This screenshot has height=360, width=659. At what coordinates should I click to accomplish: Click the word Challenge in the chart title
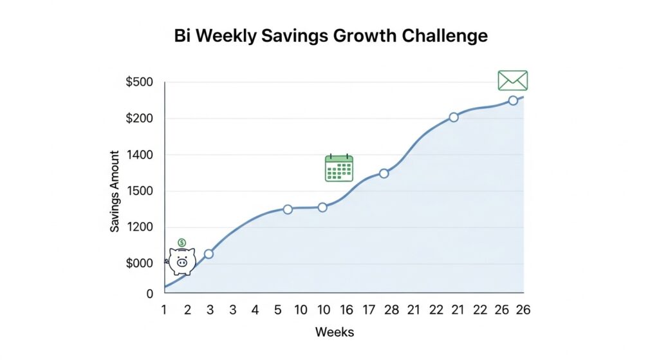[445, 36]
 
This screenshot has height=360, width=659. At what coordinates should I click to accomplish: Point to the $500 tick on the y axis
[140, 82]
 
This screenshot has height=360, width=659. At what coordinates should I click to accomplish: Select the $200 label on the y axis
[140, 118]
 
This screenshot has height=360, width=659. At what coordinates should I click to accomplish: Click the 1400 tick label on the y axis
[141, 155]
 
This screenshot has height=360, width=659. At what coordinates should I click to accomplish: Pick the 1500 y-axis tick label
[141, 191]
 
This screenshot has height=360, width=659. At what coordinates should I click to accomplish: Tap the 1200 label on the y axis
[141, 227]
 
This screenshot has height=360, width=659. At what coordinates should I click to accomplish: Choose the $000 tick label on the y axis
[140, 263]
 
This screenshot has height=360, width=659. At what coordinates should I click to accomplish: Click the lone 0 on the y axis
[150, 294]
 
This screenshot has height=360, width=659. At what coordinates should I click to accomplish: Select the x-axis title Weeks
[334, 332]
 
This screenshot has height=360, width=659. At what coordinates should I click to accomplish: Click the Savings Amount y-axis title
[115, 191]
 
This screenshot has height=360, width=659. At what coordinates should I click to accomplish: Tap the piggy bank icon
[181, 261]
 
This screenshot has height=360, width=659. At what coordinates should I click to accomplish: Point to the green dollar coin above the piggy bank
[182, 242]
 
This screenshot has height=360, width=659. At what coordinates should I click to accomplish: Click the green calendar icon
[339, 168]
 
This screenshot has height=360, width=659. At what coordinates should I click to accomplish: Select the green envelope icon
[512, 81]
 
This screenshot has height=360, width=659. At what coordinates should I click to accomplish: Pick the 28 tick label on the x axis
[391, 310]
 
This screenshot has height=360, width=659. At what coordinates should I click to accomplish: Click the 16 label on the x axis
[346, 310]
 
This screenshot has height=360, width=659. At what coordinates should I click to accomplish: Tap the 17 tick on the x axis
[369, 310]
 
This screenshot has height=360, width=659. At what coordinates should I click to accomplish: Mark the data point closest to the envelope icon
[513, 100]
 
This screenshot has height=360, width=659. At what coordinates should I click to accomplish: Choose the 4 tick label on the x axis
[255, 310]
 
